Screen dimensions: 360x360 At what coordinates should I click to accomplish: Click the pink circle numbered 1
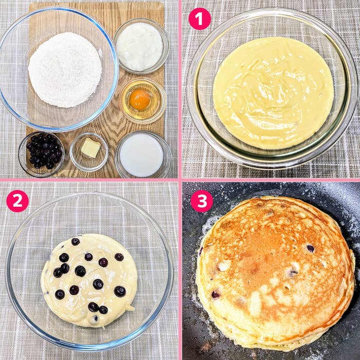point(200,19)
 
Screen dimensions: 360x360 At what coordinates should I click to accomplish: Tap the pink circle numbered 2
point(17,201)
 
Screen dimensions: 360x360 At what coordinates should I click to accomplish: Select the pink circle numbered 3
point(202,201)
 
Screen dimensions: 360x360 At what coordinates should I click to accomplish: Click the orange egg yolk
point(139,99)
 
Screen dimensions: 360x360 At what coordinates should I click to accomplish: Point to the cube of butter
point(91,148)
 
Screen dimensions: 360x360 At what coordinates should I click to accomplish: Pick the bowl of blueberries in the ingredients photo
point(42,154)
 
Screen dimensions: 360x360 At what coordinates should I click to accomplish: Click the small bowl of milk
point(143,154)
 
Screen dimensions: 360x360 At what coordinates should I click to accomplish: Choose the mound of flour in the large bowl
point(65,70)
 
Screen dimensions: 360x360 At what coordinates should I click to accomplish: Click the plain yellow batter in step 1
point(273,93)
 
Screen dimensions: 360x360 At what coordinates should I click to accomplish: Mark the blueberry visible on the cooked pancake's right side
point(310,248)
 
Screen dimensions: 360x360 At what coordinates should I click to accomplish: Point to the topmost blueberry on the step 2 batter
point(76,242)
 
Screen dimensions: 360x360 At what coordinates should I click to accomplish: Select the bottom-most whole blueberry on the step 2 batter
point(103,310)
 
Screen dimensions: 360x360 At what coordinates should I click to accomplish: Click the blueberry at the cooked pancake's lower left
point(215,294)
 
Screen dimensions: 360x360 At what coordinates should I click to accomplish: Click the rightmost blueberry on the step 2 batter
point(120,292)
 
